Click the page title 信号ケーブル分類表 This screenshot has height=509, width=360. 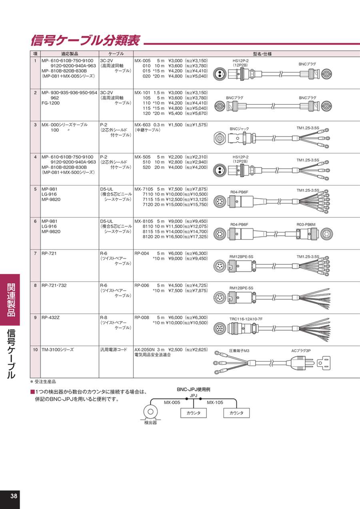85,41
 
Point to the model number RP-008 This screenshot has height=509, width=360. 142,317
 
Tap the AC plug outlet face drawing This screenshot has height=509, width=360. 324,363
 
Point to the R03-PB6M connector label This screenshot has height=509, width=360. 306,225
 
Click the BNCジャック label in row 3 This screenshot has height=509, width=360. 239,129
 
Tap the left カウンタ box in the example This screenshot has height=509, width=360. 193,413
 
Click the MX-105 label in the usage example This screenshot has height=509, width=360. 215,403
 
